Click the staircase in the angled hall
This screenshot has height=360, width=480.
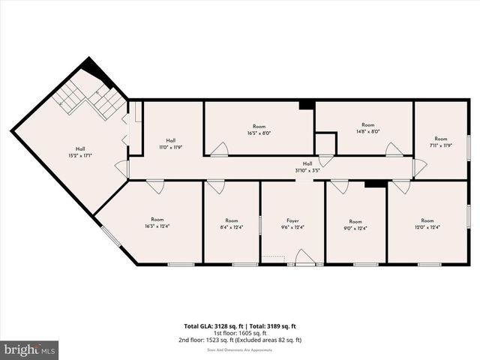point(90,98)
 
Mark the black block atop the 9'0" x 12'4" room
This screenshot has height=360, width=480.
point(374,183)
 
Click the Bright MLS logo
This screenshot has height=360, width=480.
point(30,349)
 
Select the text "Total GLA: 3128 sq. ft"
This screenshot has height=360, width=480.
point(211,326)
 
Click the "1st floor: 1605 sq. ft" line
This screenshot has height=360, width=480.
point(240,333)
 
